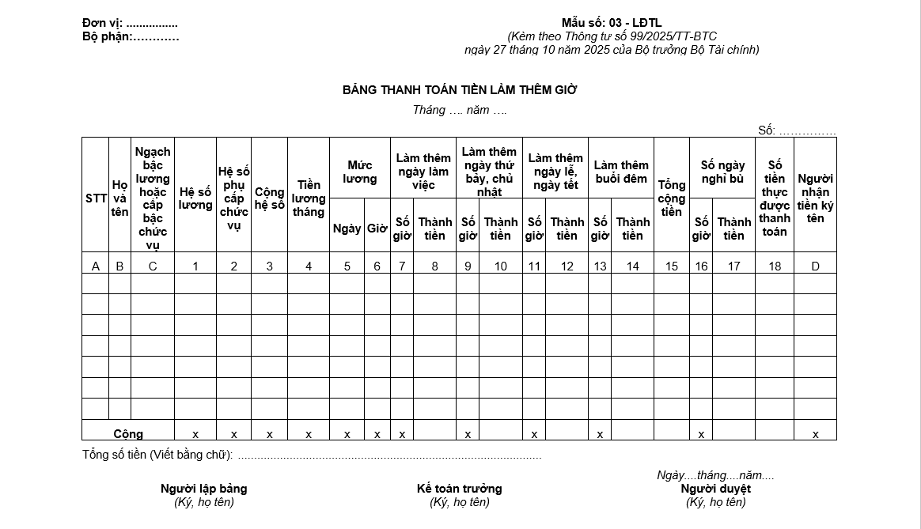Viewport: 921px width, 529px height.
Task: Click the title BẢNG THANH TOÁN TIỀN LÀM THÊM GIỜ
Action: [460, 90]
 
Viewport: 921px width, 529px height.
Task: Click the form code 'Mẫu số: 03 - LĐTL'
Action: [612, 23]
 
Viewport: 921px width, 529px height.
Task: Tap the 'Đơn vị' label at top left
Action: [102, 23]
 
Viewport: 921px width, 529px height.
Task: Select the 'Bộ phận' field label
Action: [106, 36]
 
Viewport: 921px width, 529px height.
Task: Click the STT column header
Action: [96, 198]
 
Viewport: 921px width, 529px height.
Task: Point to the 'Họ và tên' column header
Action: [119, 198]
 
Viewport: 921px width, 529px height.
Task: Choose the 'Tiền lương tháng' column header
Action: [309, 198]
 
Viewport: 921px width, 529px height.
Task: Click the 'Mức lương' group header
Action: [360, 172]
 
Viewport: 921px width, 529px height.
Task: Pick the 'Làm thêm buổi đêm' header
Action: [621, 172]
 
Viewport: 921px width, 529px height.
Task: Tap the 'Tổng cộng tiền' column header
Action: [672, 198]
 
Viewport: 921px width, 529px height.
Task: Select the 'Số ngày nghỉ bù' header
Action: [722, 172]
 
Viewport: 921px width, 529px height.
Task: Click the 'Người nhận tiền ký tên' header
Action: [815, 198]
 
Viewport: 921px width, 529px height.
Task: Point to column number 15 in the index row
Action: [672, 266]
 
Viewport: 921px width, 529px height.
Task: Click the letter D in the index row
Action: [815, 266]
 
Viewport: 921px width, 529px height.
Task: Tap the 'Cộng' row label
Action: [128, 434]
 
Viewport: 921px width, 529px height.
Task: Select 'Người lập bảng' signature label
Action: [203, 489]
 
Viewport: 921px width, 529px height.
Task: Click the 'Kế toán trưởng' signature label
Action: [459, 489]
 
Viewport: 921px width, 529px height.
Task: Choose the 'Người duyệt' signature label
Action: [715, 489]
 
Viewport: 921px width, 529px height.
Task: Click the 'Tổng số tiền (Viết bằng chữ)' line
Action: [158, 455]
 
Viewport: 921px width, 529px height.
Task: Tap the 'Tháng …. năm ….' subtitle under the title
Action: [460, 110]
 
